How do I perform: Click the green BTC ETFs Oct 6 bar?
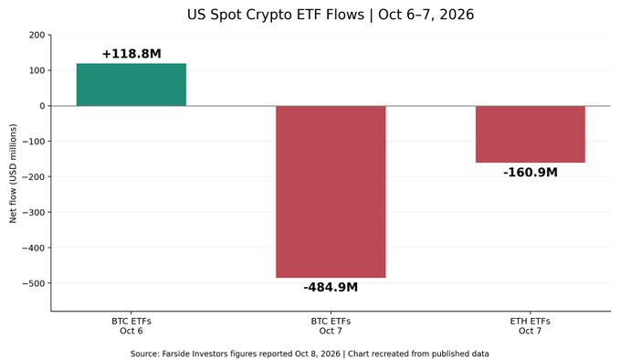131,85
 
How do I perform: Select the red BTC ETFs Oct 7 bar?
331,192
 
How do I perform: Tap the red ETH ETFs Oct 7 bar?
531,134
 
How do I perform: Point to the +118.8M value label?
131,54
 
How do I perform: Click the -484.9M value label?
331,287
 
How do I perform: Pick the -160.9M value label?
531,173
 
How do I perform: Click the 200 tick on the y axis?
37,35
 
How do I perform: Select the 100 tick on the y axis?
37,70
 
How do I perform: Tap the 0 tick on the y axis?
42,106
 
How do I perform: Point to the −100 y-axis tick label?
34,142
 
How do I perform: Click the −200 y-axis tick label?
34,177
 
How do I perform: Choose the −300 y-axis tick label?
34,213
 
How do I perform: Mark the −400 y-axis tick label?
34,248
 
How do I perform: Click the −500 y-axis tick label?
34,283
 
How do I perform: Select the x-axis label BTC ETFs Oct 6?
131,326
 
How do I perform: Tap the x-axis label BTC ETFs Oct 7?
331,326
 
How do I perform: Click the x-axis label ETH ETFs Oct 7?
531,326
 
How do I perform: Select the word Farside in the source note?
177,354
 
